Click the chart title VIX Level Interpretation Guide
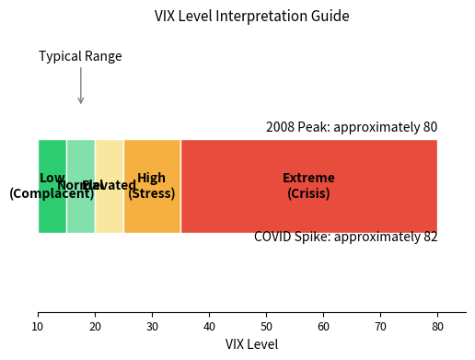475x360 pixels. [251, 16]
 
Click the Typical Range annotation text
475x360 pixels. [80, 56]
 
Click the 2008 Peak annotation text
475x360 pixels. [352, 127]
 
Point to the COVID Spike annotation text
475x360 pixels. [345, 237]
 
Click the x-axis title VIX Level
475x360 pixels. [251, 344]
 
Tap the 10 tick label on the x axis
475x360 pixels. [38, 325]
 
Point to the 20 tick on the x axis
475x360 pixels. [95, 325]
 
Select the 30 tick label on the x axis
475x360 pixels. [152, 325]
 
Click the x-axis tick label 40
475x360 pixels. [209, 325]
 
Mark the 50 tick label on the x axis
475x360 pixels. [266, 325]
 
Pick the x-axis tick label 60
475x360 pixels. [323, 325]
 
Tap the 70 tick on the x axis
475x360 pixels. [380, 325]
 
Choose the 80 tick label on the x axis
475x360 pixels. [437, 325]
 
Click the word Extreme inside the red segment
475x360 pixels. [308, 178]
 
